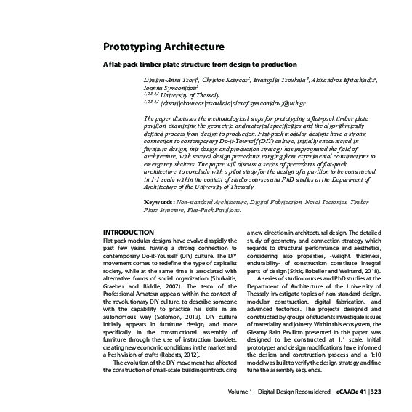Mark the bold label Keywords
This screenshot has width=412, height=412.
coord(158,201)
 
